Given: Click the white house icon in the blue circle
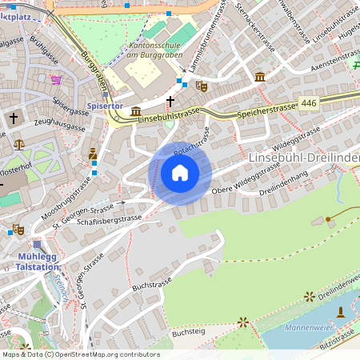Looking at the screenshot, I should click(180, 173).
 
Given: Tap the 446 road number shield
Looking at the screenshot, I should click(309, 103).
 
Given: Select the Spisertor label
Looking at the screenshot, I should click(105, 106).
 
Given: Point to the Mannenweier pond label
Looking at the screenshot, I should click(314, 327).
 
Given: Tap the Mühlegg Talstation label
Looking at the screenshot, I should click(38, 262).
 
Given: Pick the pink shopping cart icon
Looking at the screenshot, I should click(56, 80).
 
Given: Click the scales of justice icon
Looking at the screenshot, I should click(19, 145).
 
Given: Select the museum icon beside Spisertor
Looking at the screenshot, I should click(136, 111).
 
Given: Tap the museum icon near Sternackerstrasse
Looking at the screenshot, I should click(260, 77).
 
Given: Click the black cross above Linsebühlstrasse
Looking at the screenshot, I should click(170, 101).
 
